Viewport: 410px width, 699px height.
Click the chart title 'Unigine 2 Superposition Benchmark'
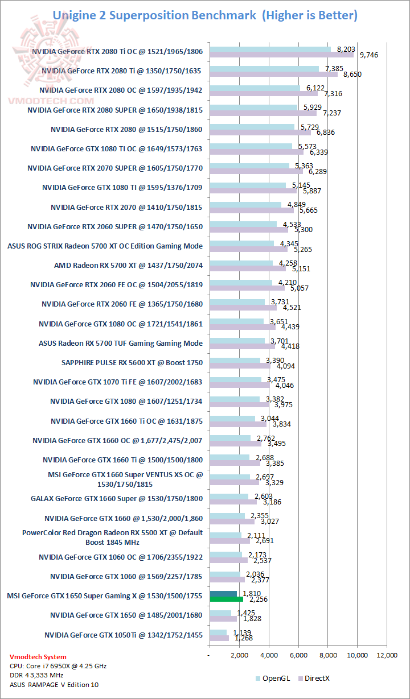pyautogui.click(x=154, y=15)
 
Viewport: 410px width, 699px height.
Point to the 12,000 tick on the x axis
pyautogui.click(x=387, y=655)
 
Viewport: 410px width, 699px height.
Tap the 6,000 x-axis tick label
pyautogui.click(x=298, y=655)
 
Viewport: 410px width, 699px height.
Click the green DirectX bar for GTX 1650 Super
pyautogui.click(x=227, y=599)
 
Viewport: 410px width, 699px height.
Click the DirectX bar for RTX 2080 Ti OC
pyautogui.click(x=281, y=55)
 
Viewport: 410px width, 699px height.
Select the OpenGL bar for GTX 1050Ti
pyautogui.click(x=218, y=632)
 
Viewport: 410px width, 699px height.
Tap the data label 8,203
pyautogui.click(x=346, y=49)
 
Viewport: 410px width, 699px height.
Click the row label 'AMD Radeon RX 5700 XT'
pyautogui.click(x=128, y=265)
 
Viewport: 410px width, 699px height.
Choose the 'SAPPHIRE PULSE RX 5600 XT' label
pyautogui.click(x=132, y=362)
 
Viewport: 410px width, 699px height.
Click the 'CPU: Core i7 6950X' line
pyautogui.click(x=58, y=666)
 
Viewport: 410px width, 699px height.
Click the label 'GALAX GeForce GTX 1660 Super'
pyautogui.click(x=117, y=499)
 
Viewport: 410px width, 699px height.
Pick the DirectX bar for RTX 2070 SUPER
pyautogui.click(x=256, y=172)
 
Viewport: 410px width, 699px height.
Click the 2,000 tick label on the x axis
pyautogui.click(x=239, y=655)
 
